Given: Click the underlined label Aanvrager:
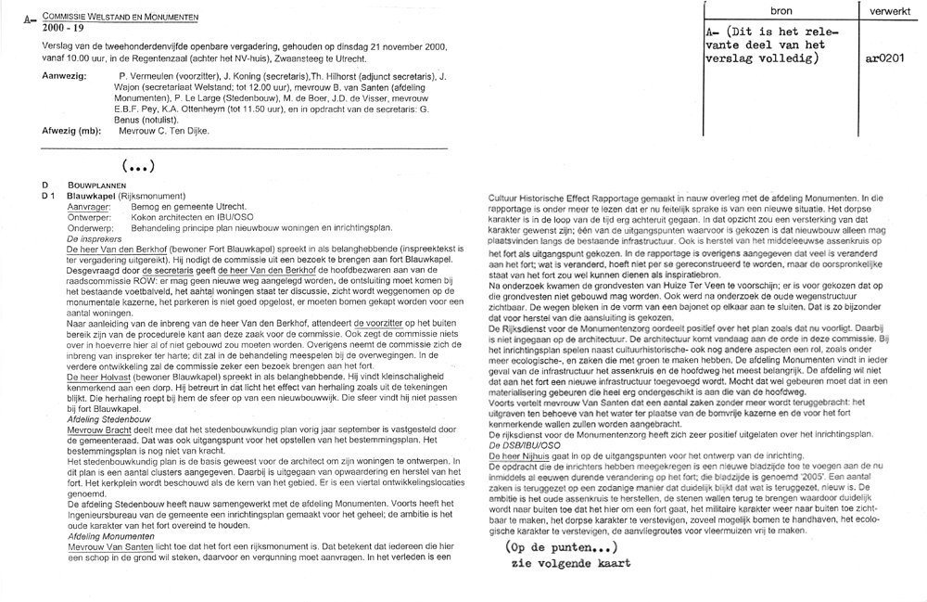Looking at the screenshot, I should click(x=89, y=207).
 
